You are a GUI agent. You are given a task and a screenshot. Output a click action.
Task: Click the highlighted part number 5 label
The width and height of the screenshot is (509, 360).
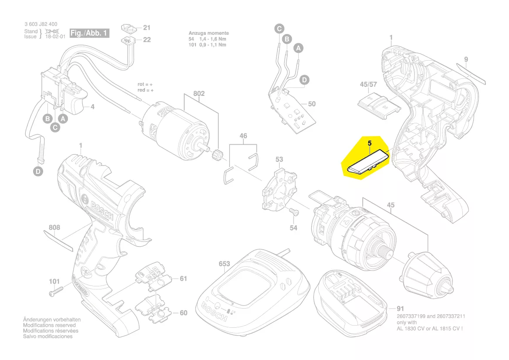369,143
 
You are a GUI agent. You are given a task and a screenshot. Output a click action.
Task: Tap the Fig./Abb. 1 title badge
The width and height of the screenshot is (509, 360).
89,33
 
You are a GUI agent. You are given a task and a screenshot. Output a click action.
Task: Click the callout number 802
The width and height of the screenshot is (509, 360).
199,94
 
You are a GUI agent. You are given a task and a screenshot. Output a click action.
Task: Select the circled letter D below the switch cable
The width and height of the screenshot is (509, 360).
39,172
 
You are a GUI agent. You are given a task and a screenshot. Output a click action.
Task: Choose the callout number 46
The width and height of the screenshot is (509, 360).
243,136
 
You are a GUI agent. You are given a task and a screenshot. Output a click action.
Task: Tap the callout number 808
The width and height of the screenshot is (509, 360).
54,227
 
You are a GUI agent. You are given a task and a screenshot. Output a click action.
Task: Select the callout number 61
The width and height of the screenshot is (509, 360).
183,278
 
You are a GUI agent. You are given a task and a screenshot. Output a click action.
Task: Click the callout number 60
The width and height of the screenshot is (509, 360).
183,312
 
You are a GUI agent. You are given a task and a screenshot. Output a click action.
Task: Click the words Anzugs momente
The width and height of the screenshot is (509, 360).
209,33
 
